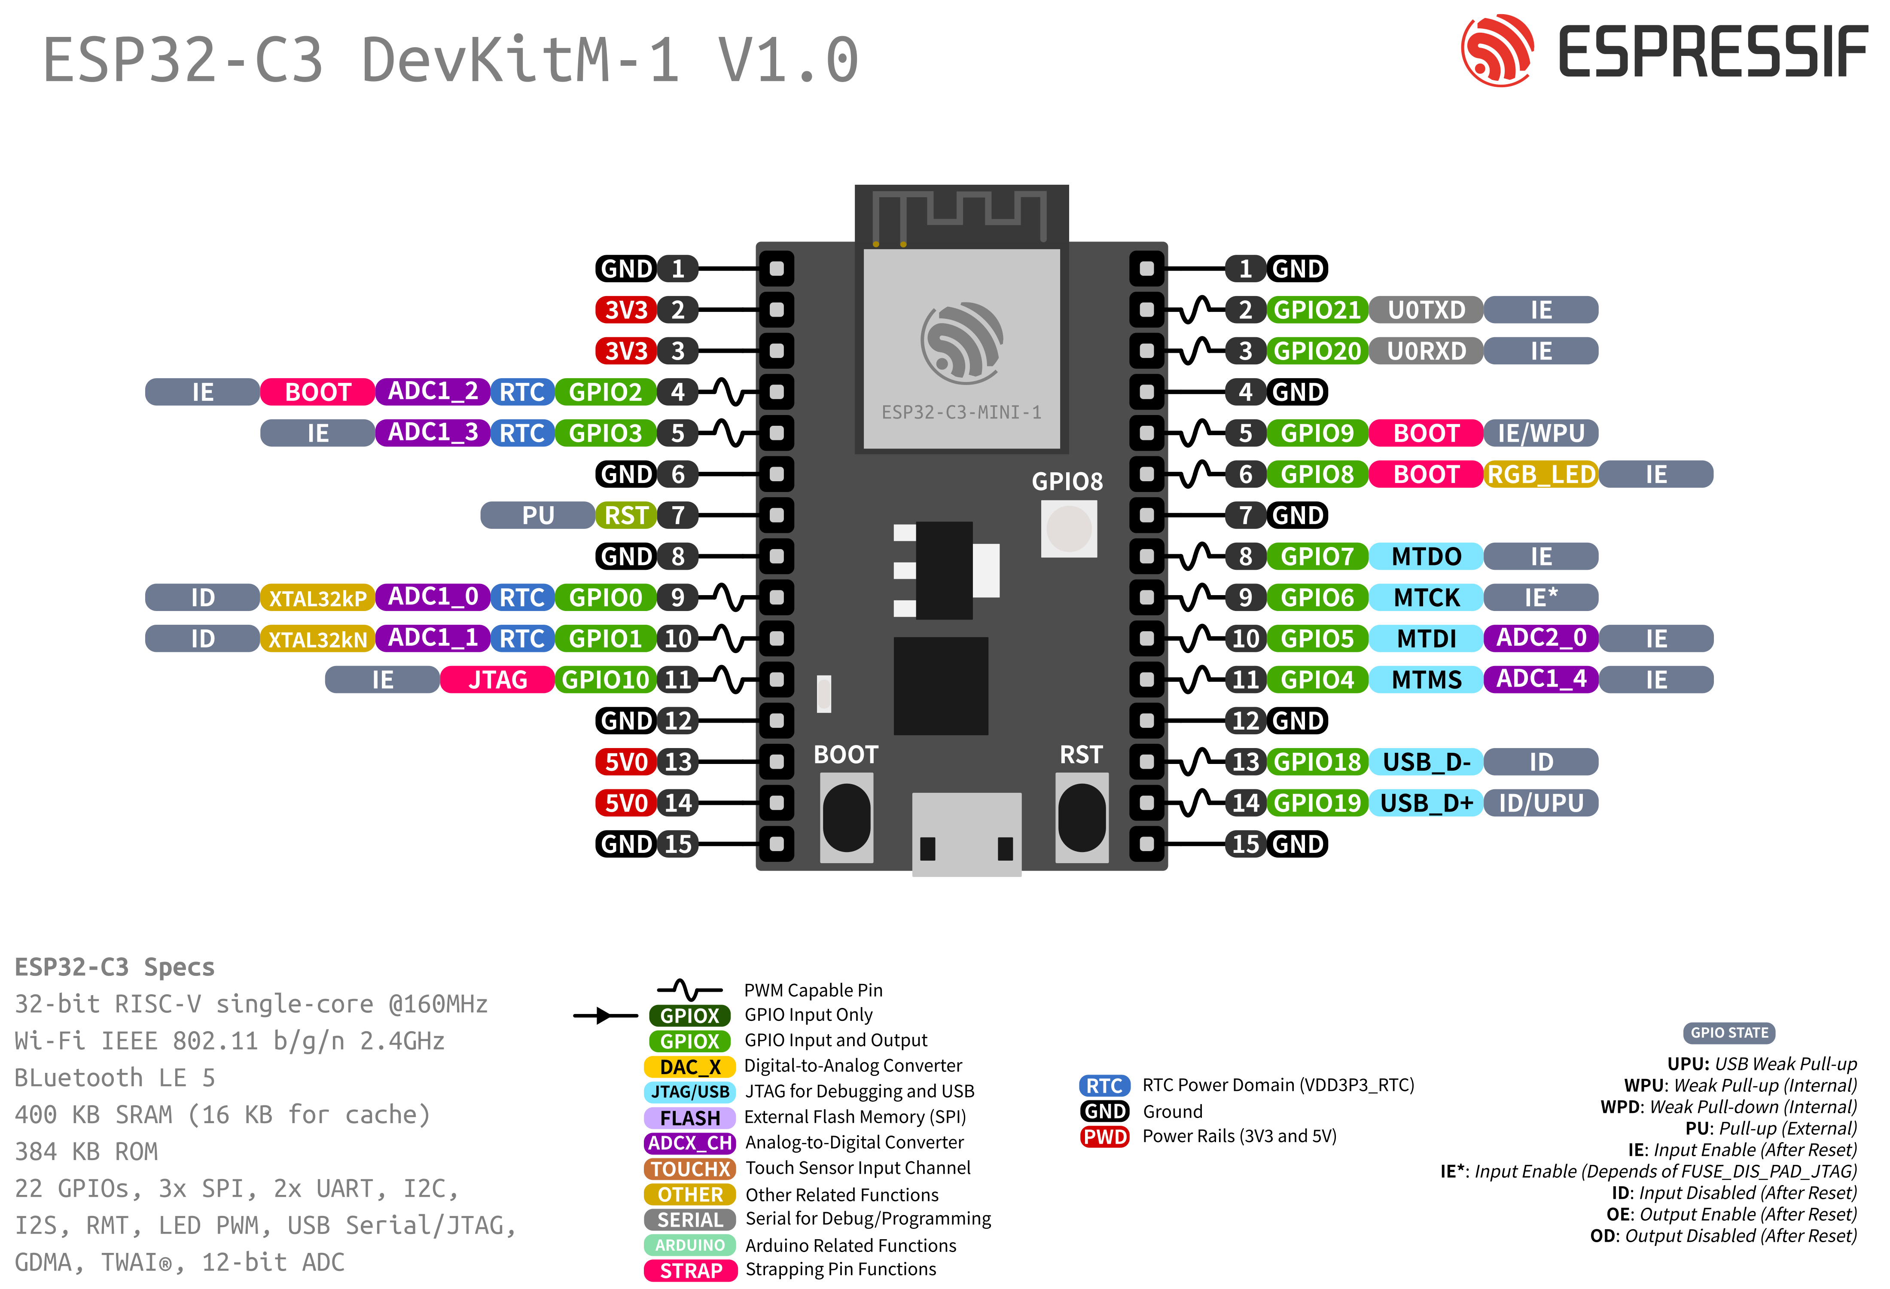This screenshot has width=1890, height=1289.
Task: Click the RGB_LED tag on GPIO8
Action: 1540,474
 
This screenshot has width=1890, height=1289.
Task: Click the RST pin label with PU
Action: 625,516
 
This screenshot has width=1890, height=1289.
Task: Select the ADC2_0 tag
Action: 1540,638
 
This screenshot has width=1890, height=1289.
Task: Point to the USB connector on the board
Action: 966,834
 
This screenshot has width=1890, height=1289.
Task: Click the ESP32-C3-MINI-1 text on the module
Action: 961,412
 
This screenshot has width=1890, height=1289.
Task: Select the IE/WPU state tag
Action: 1540,434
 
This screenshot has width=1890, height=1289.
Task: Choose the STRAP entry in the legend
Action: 690,1270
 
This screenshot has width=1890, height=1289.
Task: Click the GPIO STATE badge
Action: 1729,1033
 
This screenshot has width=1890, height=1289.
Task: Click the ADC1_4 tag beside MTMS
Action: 1540,680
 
